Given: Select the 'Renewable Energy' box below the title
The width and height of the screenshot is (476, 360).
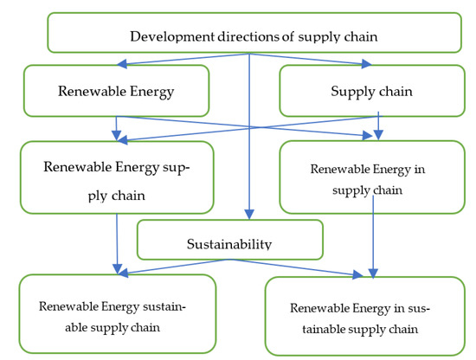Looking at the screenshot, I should (x=116, y=90).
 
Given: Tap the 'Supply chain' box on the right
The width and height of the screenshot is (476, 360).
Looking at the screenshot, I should (x=372, y=90).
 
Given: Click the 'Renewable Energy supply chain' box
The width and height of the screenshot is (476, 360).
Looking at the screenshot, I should (x=116, y=178).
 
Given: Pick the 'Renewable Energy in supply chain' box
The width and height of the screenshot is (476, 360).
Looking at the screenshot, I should (x=372, y=177).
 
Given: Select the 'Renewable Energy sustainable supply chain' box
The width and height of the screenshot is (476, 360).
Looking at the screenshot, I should (x=117, y=314).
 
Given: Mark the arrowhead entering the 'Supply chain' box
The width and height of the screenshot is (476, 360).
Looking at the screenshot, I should (x=370, y=62).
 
